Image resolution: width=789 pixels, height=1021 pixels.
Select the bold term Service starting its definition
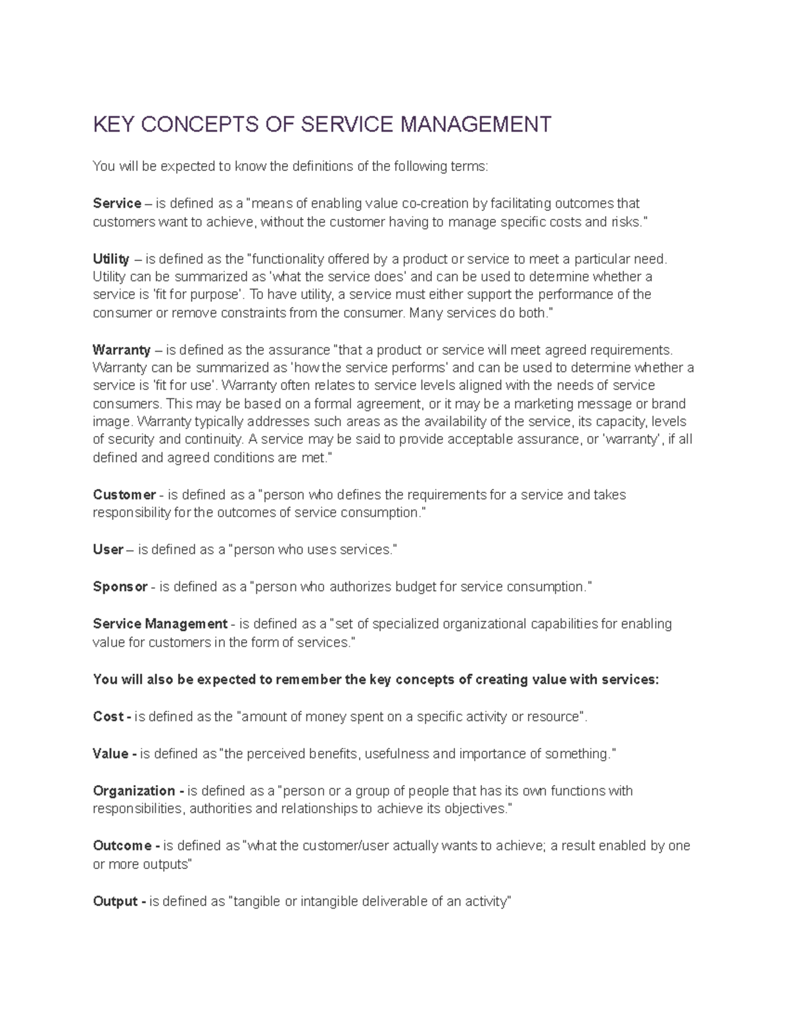pos(117,203)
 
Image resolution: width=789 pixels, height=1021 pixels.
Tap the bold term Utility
pos(110,258)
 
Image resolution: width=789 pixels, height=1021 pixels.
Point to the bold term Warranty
pos(122,349)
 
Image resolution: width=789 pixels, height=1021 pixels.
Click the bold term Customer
pos(124,494)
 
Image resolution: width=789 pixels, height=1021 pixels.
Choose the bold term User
pos(108,550)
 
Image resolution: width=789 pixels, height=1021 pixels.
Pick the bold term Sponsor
pos(120,586)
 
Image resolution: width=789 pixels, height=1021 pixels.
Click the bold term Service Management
pos(160,623)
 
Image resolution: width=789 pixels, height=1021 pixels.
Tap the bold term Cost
pos(108,717)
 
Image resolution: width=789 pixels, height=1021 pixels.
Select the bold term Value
pos(110,753)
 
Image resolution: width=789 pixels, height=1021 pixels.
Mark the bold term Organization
pos(133,790)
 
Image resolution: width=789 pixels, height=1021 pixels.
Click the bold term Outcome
pos(122,845)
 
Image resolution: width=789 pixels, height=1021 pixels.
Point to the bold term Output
pos(115,901)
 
